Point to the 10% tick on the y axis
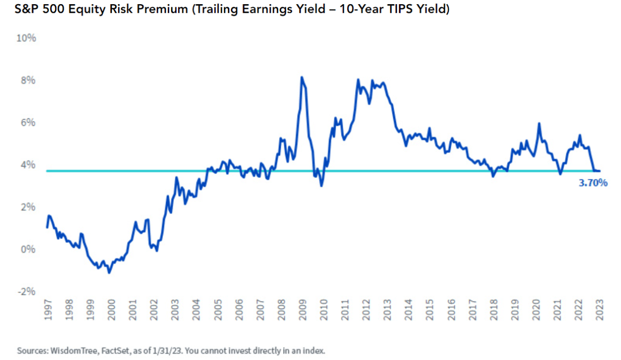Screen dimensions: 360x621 (26, 38)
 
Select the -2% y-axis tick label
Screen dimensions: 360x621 (26, 292)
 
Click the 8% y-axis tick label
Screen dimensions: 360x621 (27, 81)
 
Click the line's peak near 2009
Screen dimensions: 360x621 (302, 78)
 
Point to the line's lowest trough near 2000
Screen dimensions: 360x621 (109, 272)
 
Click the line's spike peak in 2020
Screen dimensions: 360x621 (539, 124)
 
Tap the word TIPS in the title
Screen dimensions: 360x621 (396, 10)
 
